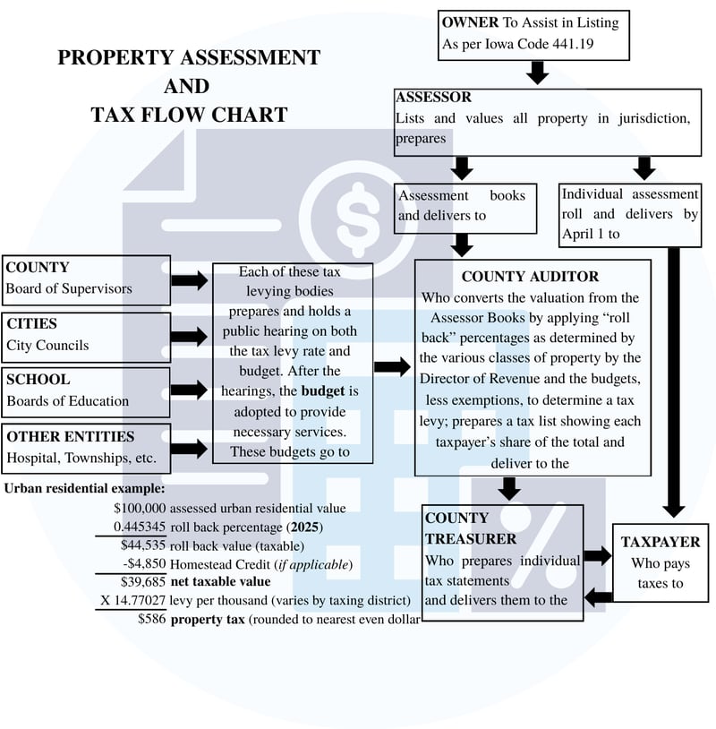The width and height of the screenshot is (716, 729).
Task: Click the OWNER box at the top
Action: [x=531, y=34]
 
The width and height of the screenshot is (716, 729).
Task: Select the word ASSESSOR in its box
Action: [x=434, y=98]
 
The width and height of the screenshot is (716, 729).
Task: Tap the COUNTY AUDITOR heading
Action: [x=530, y=277]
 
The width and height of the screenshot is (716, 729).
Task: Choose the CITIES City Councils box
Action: [x=86, y=334]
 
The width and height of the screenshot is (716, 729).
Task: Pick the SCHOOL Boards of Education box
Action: [x=86, y=390]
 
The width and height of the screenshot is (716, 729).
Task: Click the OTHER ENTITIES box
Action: [x=86, y=448]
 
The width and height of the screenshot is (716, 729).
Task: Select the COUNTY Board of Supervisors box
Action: [x=86, y=278]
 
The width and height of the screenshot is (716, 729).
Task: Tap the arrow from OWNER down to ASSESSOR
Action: [x=537, y=73]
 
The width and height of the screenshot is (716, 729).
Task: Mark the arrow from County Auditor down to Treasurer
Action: [x=509, y=488]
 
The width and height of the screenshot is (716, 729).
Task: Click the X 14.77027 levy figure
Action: [x=131, y=600]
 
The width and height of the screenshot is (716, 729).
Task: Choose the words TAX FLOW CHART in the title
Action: [x=189, y=115]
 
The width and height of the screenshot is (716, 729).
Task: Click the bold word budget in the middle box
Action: [x=322, y=390]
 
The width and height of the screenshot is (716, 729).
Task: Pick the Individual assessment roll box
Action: [x=629, y=214]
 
